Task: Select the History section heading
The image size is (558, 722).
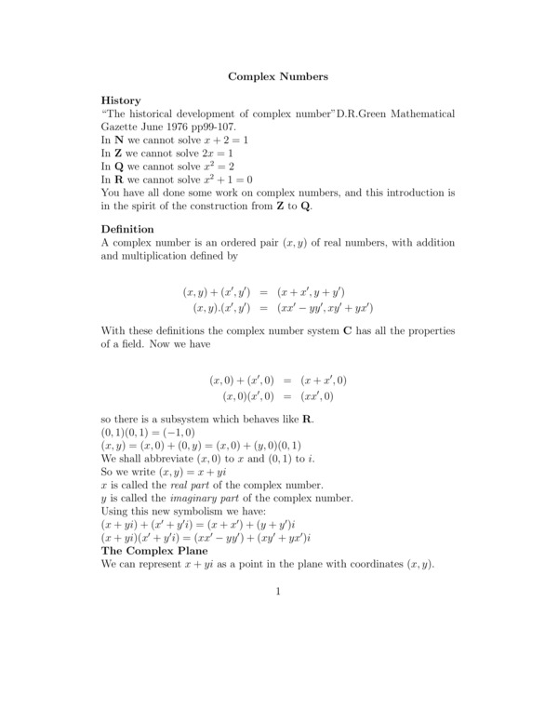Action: (121, 100)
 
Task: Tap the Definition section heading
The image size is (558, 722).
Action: (127, 229)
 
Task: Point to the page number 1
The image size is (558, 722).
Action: (278, 590)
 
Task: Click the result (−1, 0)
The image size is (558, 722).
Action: (176, 433)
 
